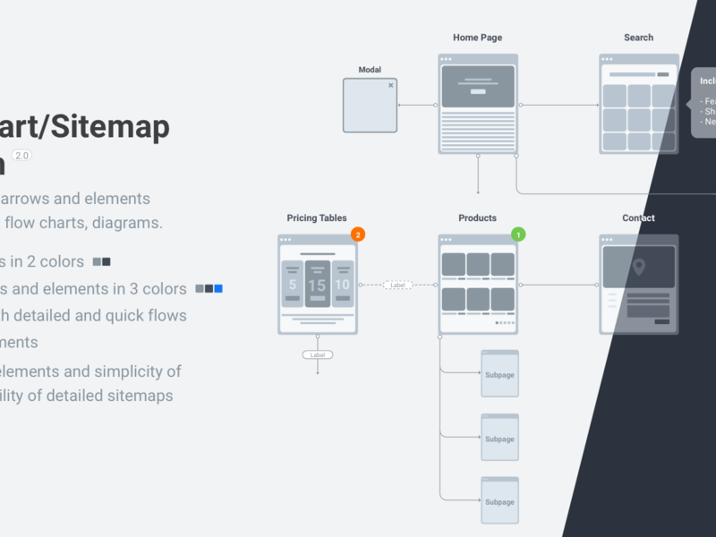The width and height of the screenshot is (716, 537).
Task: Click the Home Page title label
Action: pyautogui.click(x=477, y=38)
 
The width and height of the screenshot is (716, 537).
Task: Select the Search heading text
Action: pyautogui.click(x=638, y=38)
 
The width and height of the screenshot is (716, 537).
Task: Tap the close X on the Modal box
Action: pyautogui.click(x=390, y=85)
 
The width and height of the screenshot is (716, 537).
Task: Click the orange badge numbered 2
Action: pyautogui.click(x=358, y=234)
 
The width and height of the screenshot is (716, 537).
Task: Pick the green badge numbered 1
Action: pyautogui.click(x=518, y=234)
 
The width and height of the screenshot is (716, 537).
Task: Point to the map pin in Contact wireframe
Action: pyautogui.click(x=638, y=267)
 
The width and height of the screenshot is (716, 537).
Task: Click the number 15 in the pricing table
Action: pyautogui.click(x=317, y=286)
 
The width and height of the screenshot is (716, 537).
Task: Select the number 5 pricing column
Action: pyautogui.click(x=293, y=286)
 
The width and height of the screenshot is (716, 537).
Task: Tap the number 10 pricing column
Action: pyautogui.click(x=342, y=286)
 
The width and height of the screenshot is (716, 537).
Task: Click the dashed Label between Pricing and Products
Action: pyautogui.click(x=397, y=285)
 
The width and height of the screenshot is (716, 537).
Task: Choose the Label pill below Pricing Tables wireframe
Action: pyautogui.click(x=317, y=354)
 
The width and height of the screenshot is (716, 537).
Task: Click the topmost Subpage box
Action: pyautogui.click(x=499, y=374)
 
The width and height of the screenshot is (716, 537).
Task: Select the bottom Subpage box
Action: pyautogui.click(x=499, y=501)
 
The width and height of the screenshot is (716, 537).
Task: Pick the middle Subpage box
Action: pyautogui.click(x=499, y=438)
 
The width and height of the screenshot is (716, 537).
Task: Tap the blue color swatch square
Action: pyautogui.click(x=218, y=288)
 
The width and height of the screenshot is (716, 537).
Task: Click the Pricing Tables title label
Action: pyautogui.click(x=317, y=217)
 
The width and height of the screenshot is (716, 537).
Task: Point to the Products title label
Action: pyautogui.click(x=477, y=217)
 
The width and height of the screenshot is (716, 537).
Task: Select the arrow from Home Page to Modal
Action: pyautogui.click(x=416, y=106)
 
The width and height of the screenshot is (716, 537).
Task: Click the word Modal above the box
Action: pyautogui.click(x=370, y=70)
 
